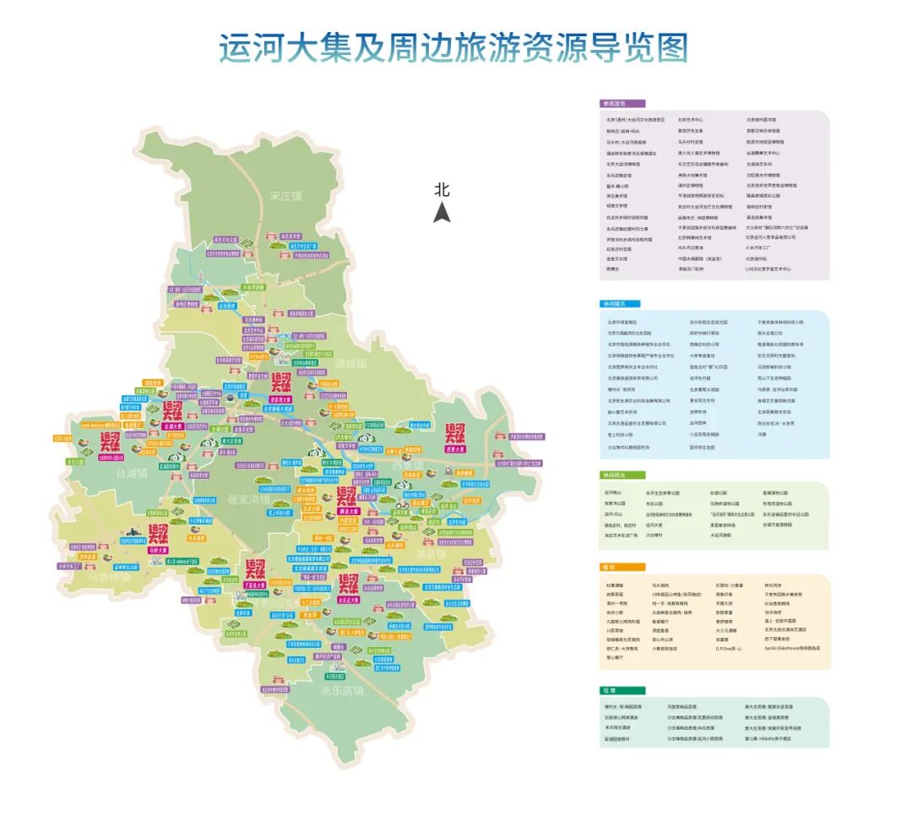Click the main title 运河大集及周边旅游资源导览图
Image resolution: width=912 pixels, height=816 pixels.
click(453, 48)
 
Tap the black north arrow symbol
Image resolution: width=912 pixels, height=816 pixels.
click(442, 212)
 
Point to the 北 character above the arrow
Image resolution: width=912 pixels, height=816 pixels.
click(442, 189)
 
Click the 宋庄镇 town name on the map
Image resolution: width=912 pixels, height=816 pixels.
click(285, 196)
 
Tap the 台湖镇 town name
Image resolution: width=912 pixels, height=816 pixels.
click(131, 474)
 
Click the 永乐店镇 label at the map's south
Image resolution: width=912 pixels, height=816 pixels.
click(342, 690)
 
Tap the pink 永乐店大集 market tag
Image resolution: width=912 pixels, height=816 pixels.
click(347, 599)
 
